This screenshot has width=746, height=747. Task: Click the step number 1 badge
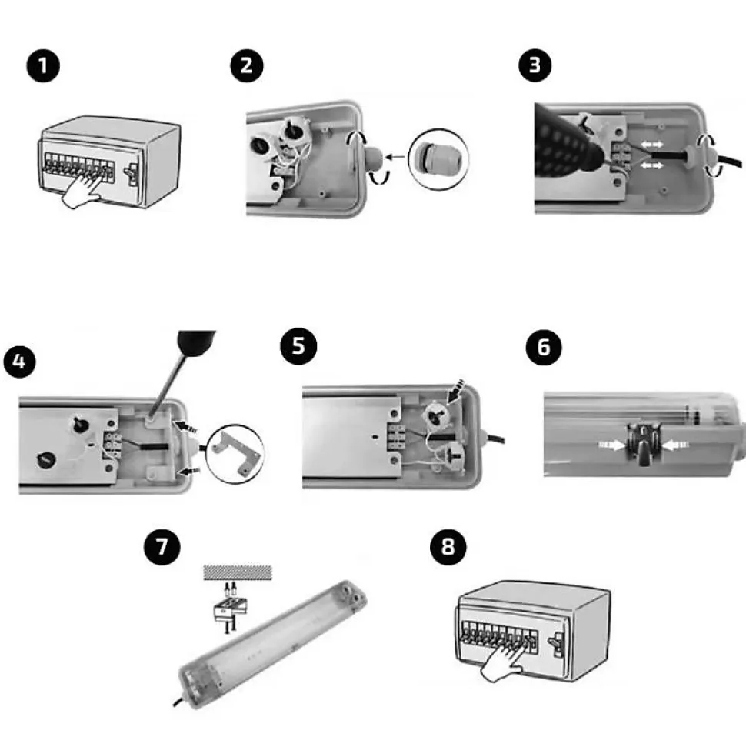[x=43, y=65]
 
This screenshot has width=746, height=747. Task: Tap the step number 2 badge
[x=247, y=65]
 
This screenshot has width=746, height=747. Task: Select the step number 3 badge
[x=535, y=65]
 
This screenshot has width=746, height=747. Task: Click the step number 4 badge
[x=19, y=362]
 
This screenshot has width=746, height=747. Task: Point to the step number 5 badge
[x=298, y=346]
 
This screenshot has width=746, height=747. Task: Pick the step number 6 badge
[x=544, y=347]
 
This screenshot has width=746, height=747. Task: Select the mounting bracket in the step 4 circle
[x=237, y=453]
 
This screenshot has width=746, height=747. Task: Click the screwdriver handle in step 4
[x=196, y=342]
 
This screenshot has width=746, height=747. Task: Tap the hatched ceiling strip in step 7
[x=237, y=572]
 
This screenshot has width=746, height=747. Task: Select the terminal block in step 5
[x=396, y=436]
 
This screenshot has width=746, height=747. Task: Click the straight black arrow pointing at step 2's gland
[x=395, y=157]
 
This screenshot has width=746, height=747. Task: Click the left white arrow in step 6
[x=612, y=445]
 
